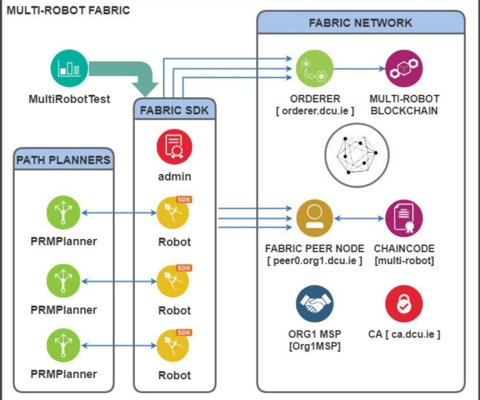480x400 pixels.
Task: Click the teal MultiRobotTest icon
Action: [x=69, y=68]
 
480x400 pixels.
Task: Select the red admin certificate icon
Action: [x=174, y=147]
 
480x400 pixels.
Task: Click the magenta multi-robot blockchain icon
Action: [x=404, y=68]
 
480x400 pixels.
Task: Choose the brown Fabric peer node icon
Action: [x=315, y=218]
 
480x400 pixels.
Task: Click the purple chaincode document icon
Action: [x=404, y=218]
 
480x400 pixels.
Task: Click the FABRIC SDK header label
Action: [x=174, y=110]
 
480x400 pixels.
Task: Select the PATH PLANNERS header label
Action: [x=63, y=160]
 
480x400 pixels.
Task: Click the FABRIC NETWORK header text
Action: [x=360, y=23]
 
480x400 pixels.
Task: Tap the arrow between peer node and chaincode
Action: [x=359, y=218]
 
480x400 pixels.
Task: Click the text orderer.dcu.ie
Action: [x=315, y=111]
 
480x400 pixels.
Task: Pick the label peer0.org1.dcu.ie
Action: [x=315, y=261]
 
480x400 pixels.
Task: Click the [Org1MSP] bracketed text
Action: [x=315, y=346]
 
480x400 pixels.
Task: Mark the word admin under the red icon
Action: [x=174, y=176]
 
